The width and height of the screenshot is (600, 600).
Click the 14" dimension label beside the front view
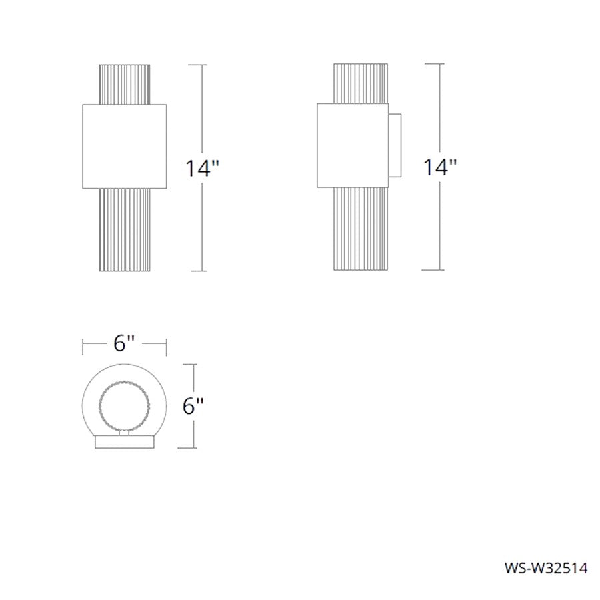tap(203, 168)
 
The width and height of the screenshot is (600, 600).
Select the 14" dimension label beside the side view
tap(441, 167)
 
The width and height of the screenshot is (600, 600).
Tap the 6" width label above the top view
tap(124, 343)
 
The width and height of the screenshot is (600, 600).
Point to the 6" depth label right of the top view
tap(193, 406)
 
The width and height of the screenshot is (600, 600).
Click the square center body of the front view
tap(124, 145)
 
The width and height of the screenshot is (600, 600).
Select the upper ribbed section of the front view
tap(124, 84)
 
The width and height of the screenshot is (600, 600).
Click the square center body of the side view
tap(351, 145)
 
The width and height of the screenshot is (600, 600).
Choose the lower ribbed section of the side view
tap(360, 229)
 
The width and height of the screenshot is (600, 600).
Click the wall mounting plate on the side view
tap(395, 145)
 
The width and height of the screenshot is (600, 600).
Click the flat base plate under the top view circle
tap(124, 442)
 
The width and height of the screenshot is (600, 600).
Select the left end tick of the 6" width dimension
tap(83, 344)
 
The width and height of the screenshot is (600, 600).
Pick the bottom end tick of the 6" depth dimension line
tap(194, 448)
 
